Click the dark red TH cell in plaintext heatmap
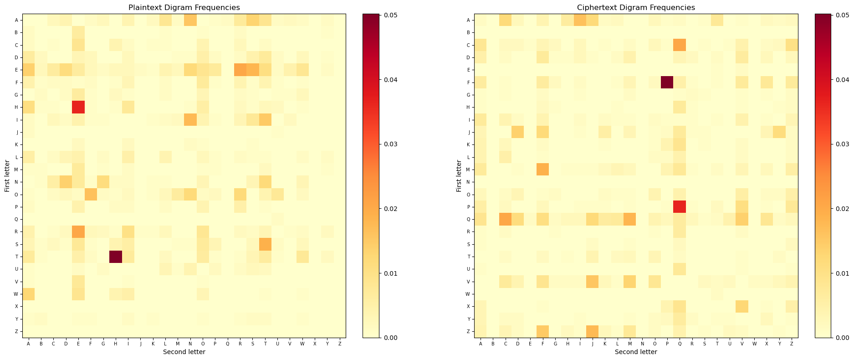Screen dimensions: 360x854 click(x=116, y=257)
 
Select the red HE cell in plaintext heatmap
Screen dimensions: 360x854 click(x=78, y=107)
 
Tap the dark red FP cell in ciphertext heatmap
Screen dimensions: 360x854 click(x=667, y=82)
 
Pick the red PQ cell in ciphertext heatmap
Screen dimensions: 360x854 click(x=680, y=207)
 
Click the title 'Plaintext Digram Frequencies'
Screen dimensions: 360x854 click(x=184, y=8)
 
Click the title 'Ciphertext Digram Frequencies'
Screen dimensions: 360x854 click(x=636, y=8)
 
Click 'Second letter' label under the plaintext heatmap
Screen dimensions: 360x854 click(x=184, y=352)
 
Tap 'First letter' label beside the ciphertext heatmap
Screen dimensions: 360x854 click(x=459, y=175)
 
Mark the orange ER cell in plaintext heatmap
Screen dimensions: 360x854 click(x=240, y=70)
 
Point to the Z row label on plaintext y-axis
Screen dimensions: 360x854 click(x=16, y=332)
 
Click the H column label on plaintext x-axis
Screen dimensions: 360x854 click(x=116, y=343)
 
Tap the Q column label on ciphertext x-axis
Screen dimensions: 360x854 click(x=680, y=343)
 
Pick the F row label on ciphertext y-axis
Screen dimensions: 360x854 click(x=468, y=82)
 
